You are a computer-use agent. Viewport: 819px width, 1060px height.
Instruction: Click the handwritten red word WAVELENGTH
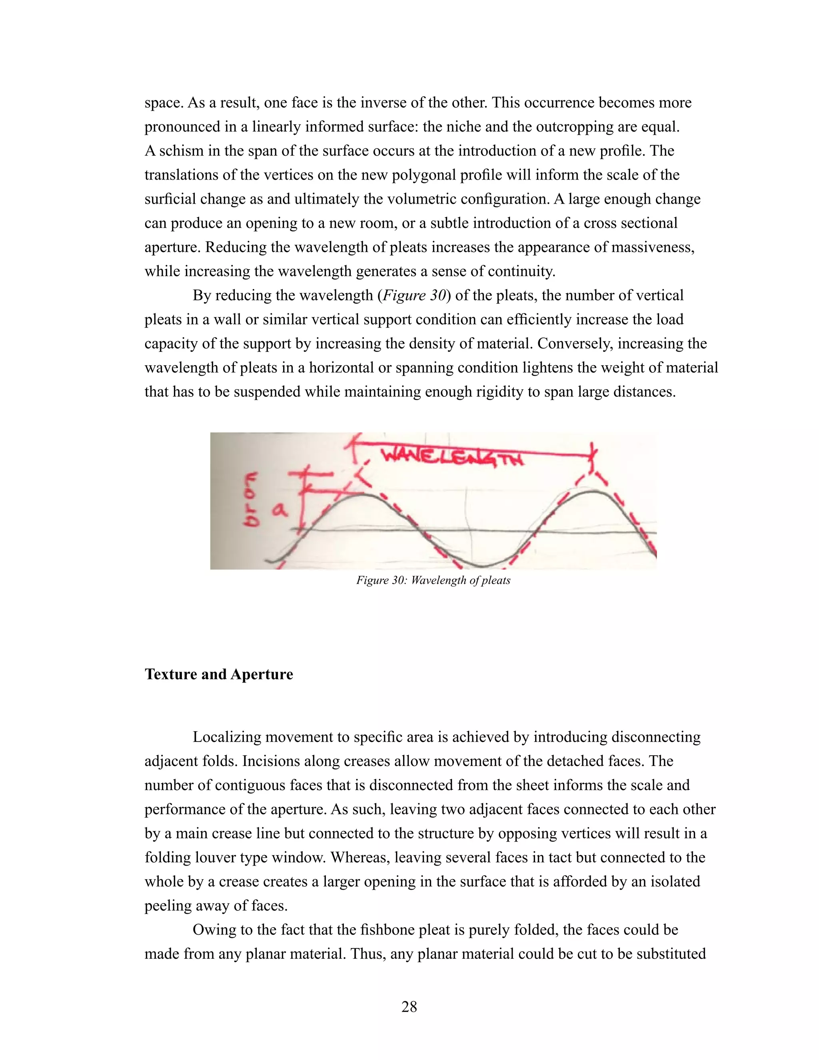click(x=451, y=457)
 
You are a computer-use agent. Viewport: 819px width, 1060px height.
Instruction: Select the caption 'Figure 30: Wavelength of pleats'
click(x=433, y=580)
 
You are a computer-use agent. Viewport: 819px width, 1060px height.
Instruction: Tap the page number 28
click(x=409, y=1007)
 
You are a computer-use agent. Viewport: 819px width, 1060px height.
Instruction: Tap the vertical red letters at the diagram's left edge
click(x=251, y=500)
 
